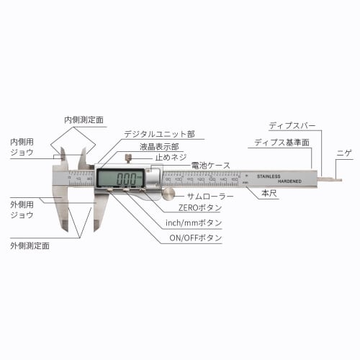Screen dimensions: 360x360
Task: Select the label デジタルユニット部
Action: coord(159,134)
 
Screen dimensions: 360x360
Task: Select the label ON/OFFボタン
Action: coord(196,238)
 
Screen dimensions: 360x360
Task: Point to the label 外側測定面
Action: coord(30,246)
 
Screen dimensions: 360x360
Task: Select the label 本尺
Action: coord(269,194)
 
